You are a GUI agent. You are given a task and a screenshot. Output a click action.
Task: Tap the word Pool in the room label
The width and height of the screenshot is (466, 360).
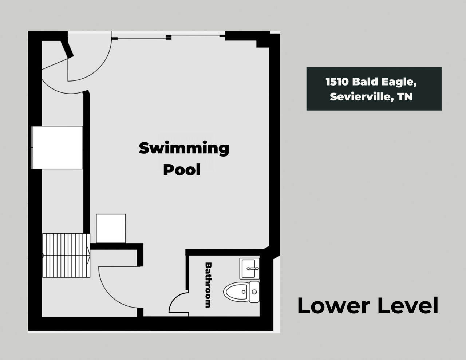182,170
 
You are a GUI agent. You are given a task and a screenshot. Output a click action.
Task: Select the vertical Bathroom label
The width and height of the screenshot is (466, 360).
208,285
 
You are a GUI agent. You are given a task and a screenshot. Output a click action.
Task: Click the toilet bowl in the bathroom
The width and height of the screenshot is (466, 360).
236,292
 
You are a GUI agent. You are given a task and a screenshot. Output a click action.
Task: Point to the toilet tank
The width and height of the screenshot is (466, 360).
254,292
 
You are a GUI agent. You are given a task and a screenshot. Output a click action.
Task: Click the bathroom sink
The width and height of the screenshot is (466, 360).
249,268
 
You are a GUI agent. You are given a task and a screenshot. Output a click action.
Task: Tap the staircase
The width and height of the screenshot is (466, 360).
66,256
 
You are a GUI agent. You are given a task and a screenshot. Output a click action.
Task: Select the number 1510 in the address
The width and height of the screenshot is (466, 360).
337,82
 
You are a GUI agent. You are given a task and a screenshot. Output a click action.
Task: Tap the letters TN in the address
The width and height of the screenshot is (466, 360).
405,97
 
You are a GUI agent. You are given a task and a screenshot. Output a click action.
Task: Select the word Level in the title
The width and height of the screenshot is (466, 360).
407,305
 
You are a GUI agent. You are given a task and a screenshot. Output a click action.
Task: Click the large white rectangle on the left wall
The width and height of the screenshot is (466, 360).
57,147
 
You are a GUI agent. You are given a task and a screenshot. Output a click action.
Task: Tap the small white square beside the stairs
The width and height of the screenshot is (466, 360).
111,228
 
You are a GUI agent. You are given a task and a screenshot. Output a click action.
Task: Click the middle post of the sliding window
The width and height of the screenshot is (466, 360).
169,37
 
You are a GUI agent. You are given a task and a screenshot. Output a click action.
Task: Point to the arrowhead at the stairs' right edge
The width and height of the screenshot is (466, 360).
88,256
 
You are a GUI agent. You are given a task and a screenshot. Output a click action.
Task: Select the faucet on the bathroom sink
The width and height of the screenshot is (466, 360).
253,268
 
